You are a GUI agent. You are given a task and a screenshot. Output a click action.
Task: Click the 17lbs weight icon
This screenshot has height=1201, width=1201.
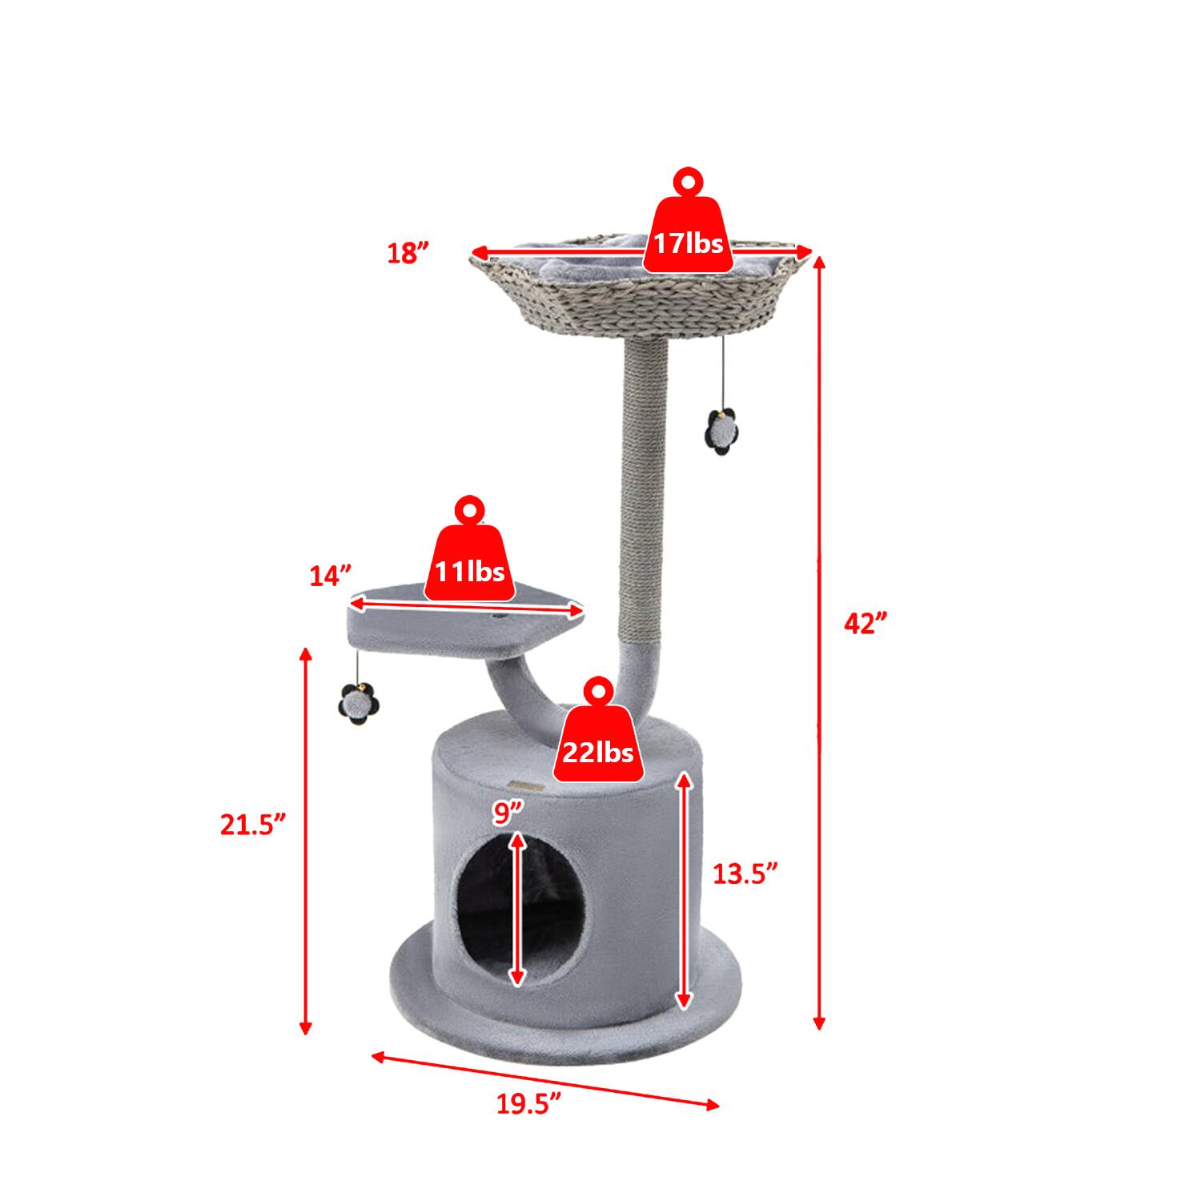[x=687, y=232]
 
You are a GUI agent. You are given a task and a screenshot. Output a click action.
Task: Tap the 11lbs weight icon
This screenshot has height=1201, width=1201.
[x=469, y=561]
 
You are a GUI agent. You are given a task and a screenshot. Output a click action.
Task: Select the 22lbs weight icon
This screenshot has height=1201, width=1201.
[x=599, y=741]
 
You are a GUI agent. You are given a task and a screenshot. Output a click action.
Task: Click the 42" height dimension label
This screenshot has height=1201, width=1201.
[x=866, y=624]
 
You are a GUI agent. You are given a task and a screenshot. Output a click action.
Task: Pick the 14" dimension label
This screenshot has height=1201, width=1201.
[x=331, y=576]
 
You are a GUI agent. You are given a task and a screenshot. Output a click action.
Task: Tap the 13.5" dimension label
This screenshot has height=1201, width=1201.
[x=745, y=873]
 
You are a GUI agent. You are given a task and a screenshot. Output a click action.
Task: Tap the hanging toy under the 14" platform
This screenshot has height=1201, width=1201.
[x=354, y=701]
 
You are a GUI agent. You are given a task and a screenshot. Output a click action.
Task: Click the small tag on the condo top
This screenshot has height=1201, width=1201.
[x=529, y=785]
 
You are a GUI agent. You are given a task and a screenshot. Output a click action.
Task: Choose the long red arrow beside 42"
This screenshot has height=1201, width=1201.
[x=818, y=641]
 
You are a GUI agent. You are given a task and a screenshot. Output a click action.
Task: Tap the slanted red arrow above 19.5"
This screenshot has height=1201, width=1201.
[x=544, y=1081]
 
